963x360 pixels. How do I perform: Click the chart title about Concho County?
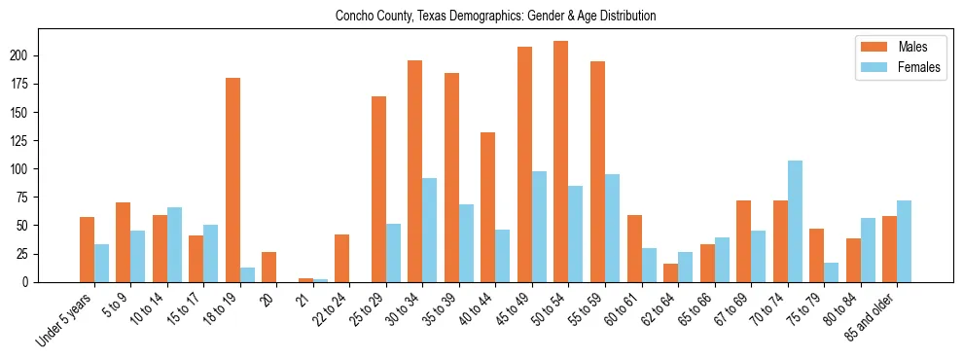coord(495,16)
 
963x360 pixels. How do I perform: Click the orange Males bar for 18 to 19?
coord(232,180)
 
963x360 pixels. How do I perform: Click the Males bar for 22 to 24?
coord(341,258)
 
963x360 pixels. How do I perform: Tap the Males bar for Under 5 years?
coord(87,249)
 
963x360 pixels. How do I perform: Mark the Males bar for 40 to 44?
coord(487,207)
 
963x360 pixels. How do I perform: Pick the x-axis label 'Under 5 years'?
coord(66,317)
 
